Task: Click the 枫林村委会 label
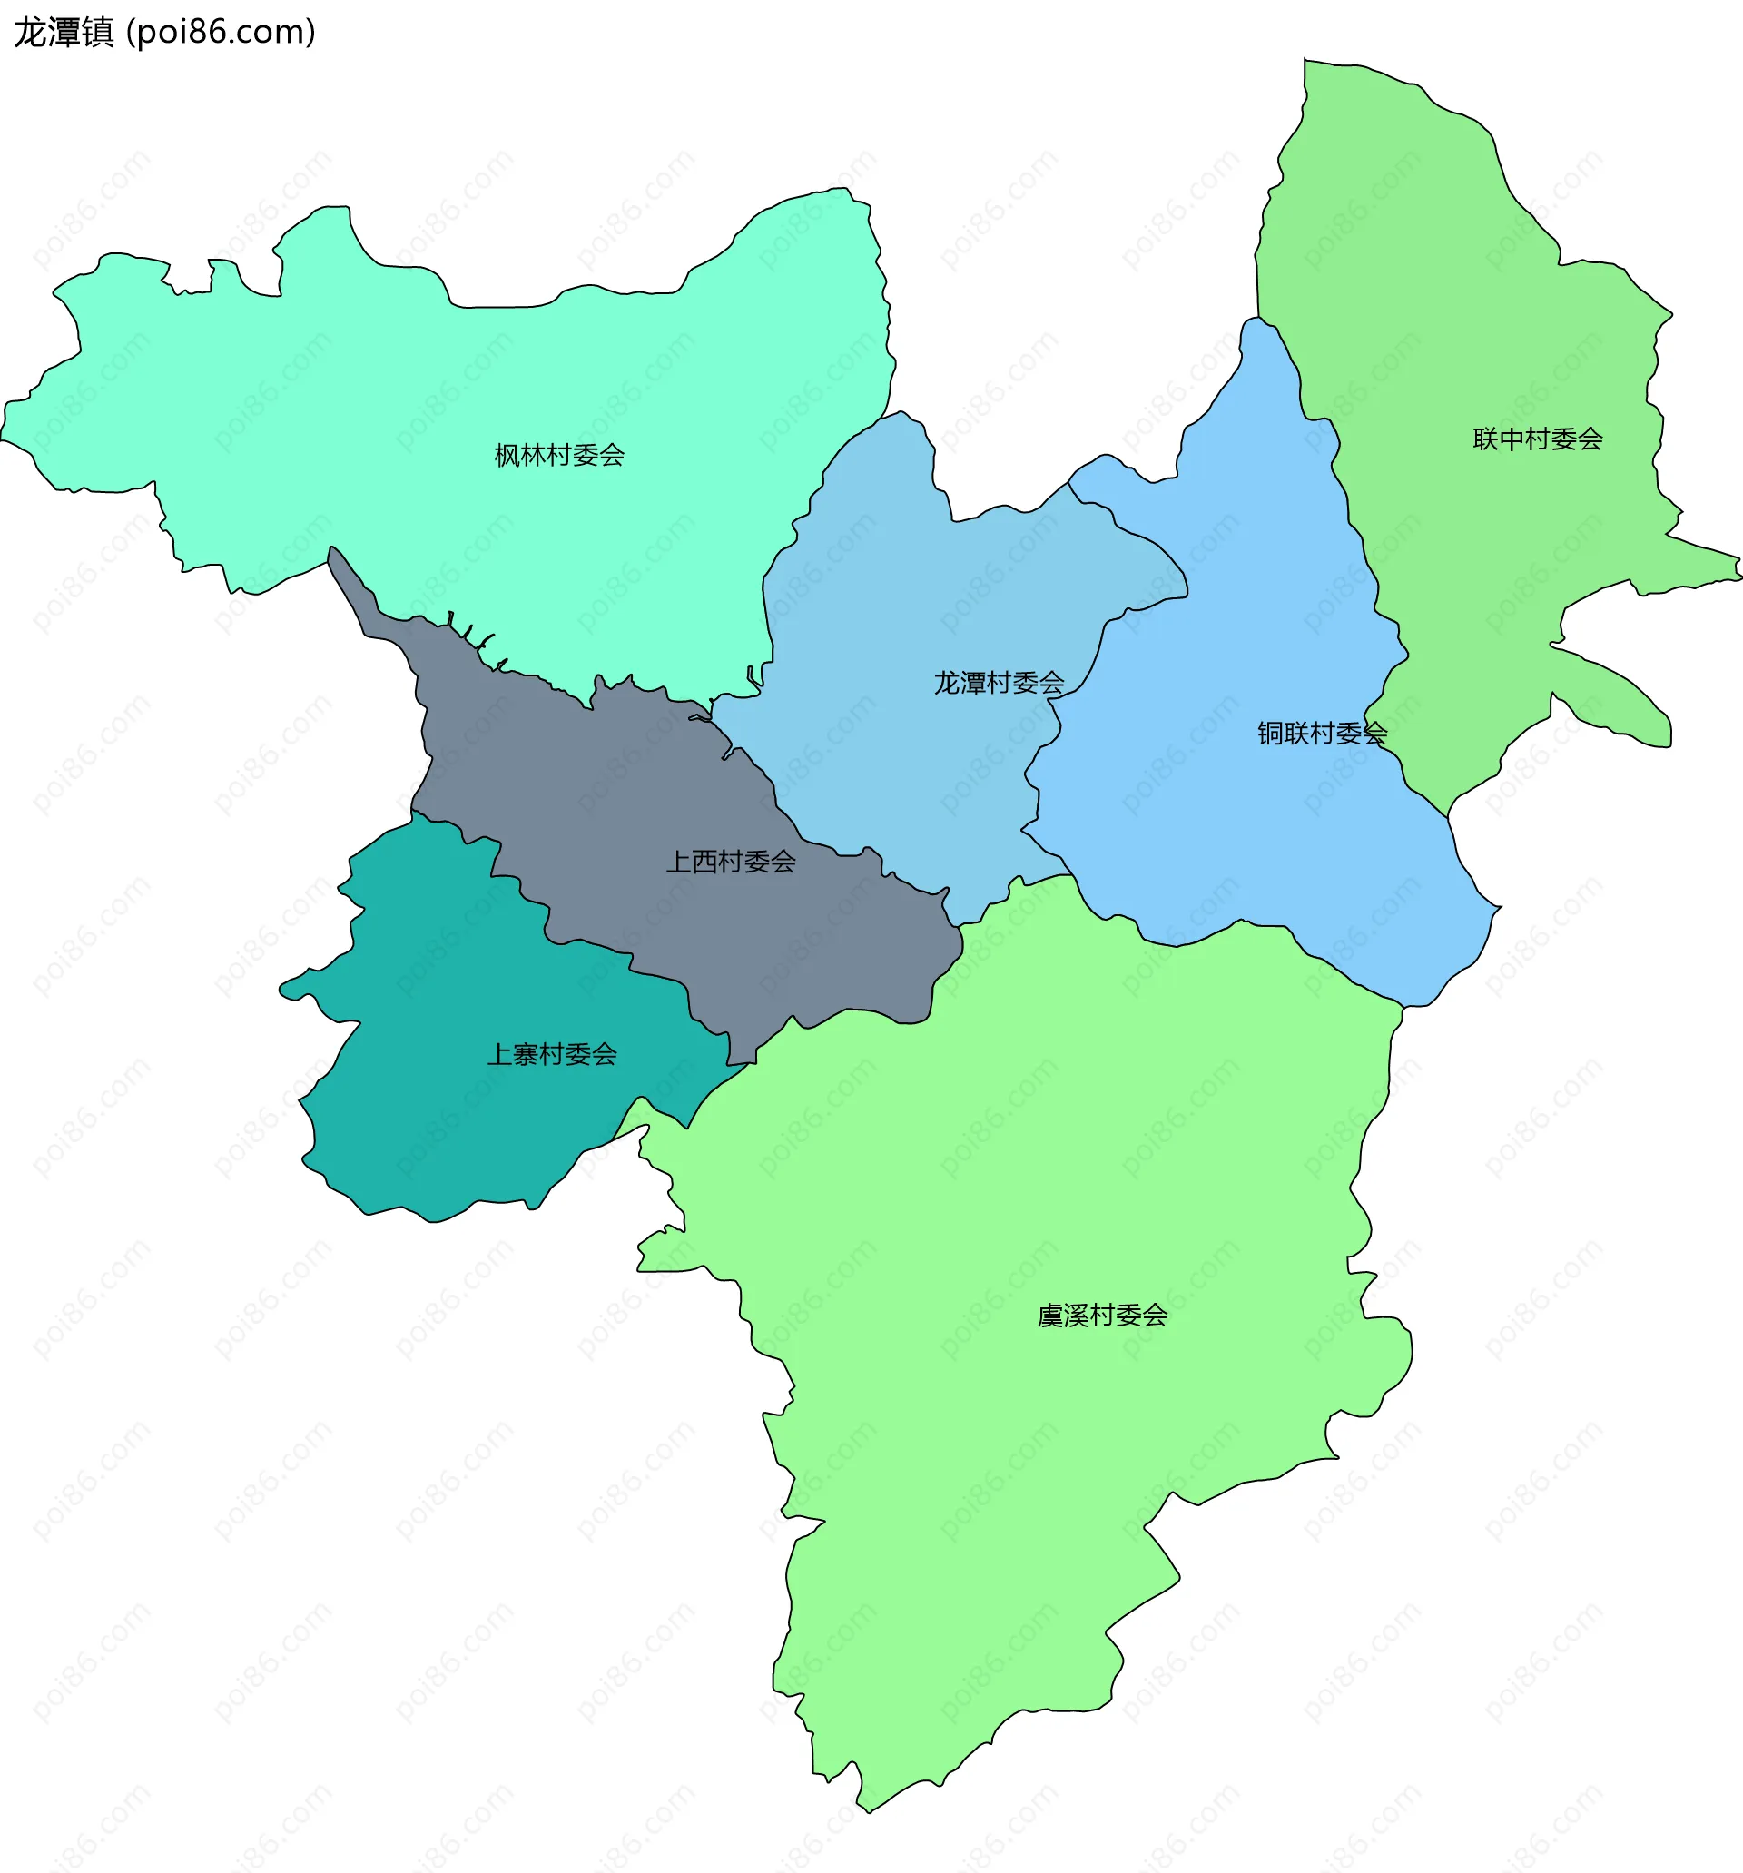(559, 456)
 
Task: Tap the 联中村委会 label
(1538, 439)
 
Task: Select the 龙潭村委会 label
(999, 683)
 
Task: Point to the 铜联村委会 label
(1322, 733)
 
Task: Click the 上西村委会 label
(730, 861)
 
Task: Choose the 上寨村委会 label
(551, 1054)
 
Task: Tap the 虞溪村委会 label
(1102, 1316)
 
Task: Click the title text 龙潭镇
(64, 32)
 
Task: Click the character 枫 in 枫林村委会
(507, 456)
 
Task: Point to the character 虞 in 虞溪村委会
(1050, 1316)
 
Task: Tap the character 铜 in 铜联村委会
(1270, 733)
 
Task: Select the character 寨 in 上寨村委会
(526, 1054)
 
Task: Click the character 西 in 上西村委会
(704, 861)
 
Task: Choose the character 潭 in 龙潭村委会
(973, 683)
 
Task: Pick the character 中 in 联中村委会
(1512, 439)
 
